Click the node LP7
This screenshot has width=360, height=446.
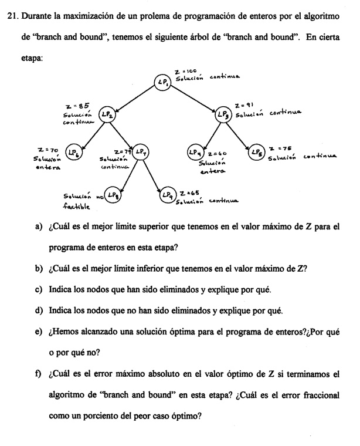click(140, 152)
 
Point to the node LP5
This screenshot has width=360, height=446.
click(256, 153)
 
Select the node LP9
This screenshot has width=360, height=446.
click(168, 194)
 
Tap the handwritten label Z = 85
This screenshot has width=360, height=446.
click(77, 106)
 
